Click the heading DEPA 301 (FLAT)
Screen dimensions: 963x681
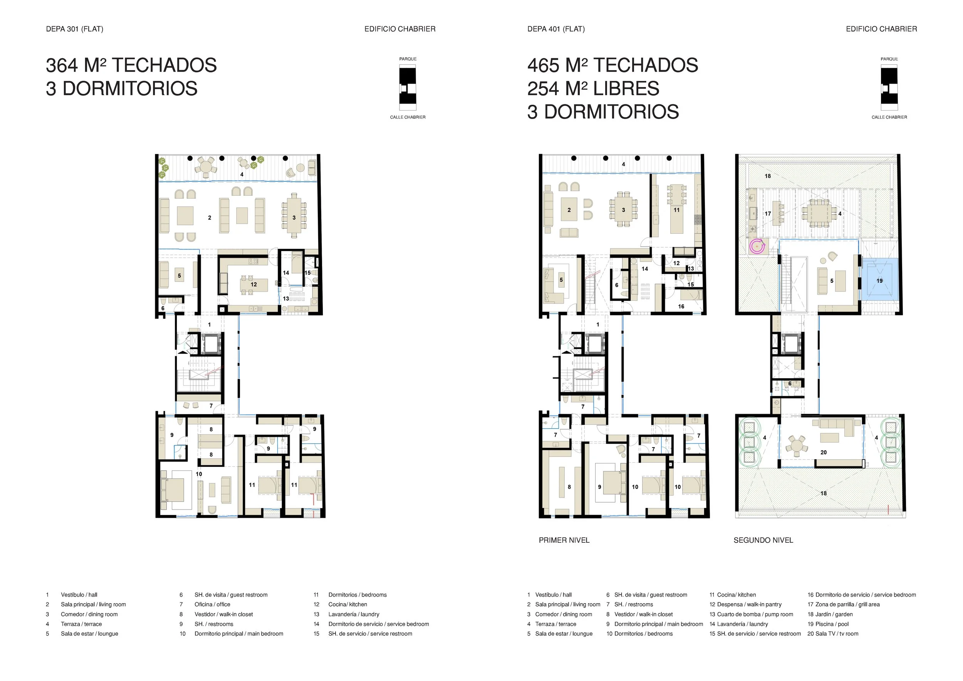click(x=75, y=29)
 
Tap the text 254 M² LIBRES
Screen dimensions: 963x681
click(x=593, y=89)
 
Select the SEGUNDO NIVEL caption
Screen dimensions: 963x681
click(x=763, y=540)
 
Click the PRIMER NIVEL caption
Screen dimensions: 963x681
click(x=564, y=540)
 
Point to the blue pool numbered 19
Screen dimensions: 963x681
click(x=879, y=279)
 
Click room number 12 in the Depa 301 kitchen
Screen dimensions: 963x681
click(x=254, y=284)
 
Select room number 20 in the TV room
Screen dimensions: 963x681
click(x=823, y=453)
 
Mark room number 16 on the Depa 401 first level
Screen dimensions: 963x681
click(x=681, y=307)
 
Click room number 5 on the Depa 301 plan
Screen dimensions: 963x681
click(x=180, y=275)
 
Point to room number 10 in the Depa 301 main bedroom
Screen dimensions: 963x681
click(x=199, y=474)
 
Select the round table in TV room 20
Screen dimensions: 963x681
click(x=796, y=444)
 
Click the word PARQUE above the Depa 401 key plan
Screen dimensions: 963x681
click(x=889, y=59)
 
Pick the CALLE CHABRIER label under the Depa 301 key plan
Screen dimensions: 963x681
click(x=408, y=117)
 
